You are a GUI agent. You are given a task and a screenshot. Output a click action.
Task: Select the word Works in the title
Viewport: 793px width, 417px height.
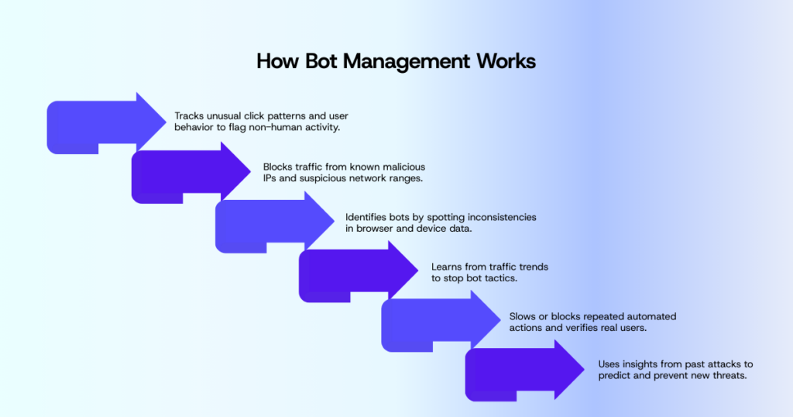pyautogui.click(x=506, y=61)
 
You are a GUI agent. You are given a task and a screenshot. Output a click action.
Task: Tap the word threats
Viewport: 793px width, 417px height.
pyautogui.click(x=728, y=376)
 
